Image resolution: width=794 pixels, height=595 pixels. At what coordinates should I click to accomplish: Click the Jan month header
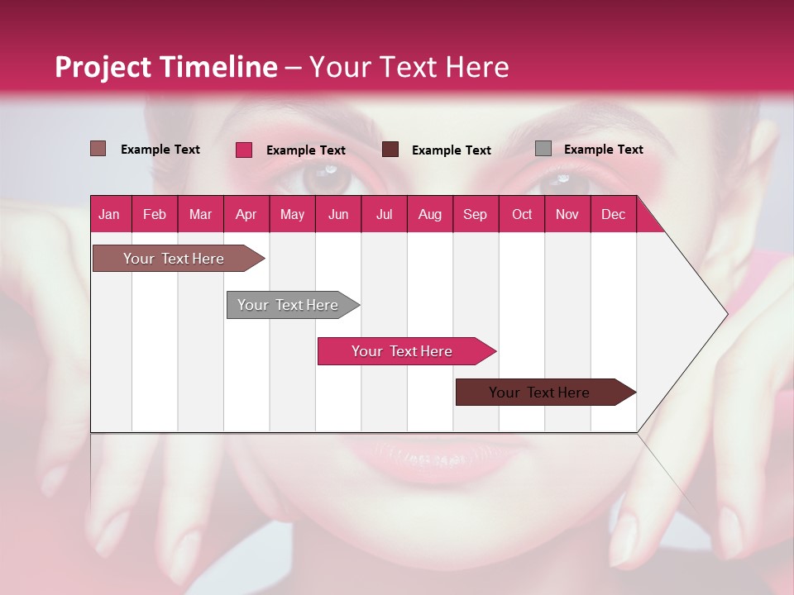(x=110, y=214)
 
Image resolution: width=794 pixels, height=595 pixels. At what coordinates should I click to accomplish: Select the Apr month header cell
(x=246, y=214)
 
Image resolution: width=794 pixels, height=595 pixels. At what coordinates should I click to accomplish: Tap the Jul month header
(x=384, y=214)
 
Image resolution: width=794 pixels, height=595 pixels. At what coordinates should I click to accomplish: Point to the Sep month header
(x=476, y=214)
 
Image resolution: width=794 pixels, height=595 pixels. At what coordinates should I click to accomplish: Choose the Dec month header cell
(x=613, y=214)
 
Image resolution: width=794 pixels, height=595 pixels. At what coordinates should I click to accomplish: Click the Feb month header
(x=155, y=214)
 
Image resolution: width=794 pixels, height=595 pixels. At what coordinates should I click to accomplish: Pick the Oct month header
(x=522, y=214)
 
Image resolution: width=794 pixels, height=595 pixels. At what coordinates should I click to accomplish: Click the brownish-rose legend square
(x=98, y=149)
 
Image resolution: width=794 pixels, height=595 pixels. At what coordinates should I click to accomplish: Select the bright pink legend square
(x=244, y=150)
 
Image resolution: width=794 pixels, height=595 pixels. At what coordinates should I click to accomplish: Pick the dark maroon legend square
(x=390, y=150)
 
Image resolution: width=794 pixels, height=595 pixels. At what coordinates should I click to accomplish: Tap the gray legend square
(x=543, y=149)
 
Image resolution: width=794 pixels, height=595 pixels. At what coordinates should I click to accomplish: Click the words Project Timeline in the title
(x=165, y=67)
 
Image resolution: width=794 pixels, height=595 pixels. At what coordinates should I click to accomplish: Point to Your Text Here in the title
(x=409, y=67)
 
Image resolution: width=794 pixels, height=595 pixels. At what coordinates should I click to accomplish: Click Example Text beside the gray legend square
(x=603, y=149)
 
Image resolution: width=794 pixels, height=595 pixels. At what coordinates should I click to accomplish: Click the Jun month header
(x=338, y=214)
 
